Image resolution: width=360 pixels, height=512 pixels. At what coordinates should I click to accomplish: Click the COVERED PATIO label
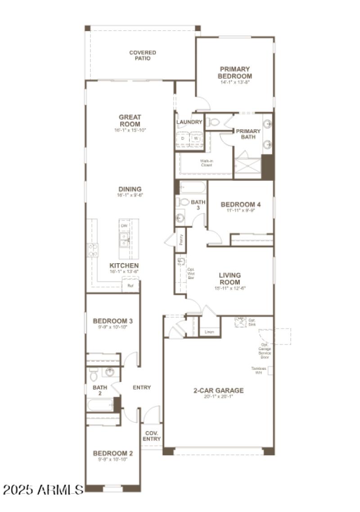coord(143,55)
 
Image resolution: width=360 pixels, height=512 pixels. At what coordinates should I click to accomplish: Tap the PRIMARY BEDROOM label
coord(235,72)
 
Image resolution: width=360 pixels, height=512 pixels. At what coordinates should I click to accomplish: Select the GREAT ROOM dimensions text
coord(130,130)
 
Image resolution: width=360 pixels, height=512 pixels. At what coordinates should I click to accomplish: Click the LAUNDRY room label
coord(189,122)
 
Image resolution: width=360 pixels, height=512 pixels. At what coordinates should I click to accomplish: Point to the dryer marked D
coord(183,139)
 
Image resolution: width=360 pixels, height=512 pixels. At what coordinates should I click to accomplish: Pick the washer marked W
coord(196,139)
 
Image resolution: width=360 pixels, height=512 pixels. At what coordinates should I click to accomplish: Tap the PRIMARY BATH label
coord(248,134)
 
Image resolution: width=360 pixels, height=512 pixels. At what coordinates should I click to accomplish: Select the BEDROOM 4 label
coord(241,204)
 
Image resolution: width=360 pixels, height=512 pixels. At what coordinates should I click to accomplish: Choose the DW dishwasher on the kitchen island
coord(123,225)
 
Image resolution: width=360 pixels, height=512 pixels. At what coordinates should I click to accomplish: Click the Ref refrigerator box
coord(130,285)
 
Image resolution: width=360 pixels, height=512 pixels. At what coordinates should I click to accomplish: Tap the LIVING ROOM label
coord(229,278)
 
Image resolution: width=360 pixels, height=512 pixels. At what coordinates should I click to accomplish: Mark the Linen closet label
coord(209,332)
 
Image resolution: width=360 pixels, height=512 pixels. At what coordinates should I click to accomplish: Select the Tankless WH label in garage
coord(259,370)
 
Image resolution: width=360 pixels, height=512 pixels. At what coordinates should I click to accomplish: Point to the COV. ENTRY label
coord(152,436)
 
